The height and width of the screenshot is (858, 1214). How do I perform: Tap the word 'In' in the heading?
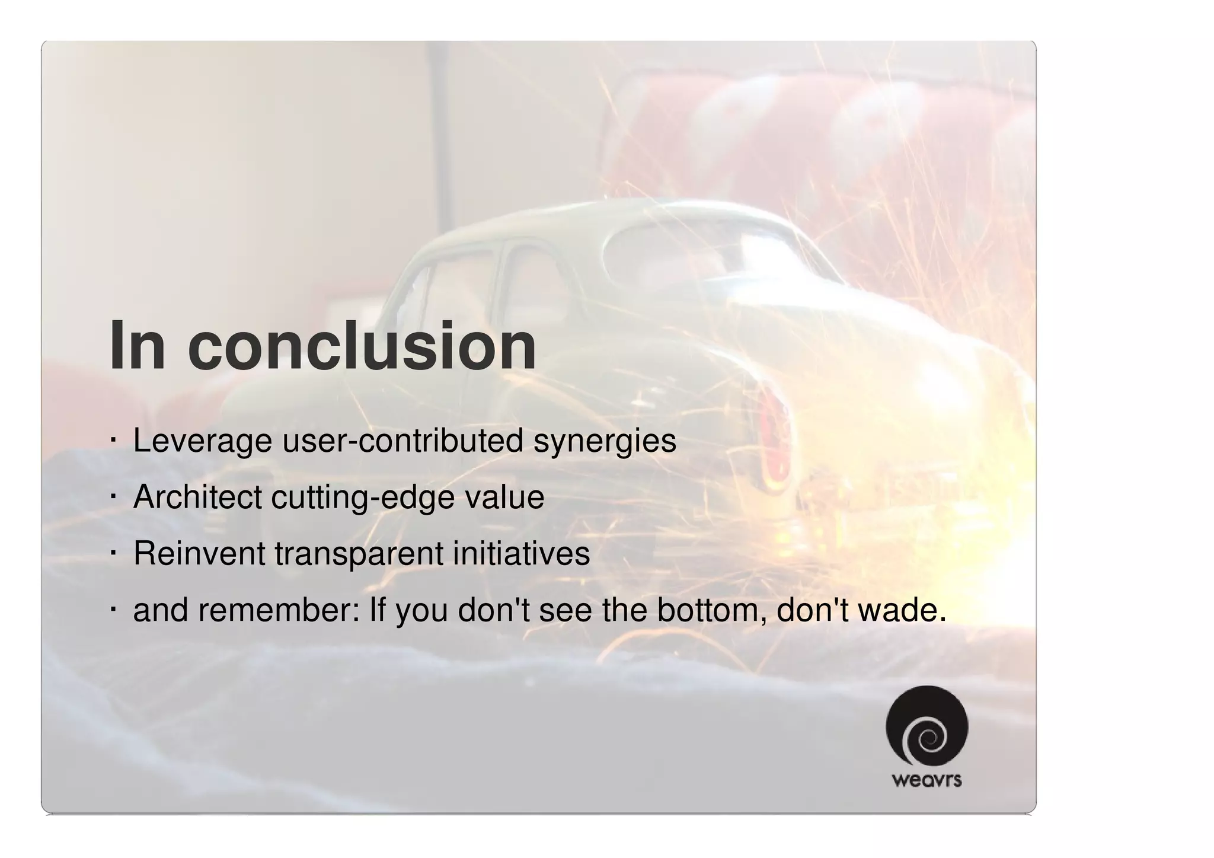[x=137, y=346]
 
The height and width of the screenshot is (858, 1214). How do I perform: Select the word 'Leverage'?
[x=202, y=441]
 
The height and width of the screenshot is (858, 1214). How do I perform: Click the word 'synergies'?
[x=604, y=441]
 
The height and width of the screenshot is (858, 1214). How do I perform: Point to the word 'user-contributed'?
[x=402, y=441]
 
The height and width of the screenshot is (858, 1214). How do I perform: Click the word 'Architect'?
[x=197, y=497]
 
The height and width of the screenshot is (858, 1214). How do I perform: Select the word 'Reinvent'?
[x=199, y=553]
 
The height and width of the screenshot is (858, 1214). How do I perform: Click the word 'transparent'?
[x=359, y=553]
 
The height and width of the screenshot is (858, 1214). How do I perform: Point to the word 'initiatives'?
[x=521, y=553]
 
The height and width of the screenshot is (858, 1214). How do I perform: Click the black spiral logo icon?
[x=927, y=726]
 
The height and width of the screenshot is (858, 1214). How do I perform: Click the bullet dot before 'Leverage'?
[x=113, y=441]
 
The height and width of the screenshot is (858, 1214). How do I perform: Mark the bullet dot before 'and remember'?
[x=113, y=610]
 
